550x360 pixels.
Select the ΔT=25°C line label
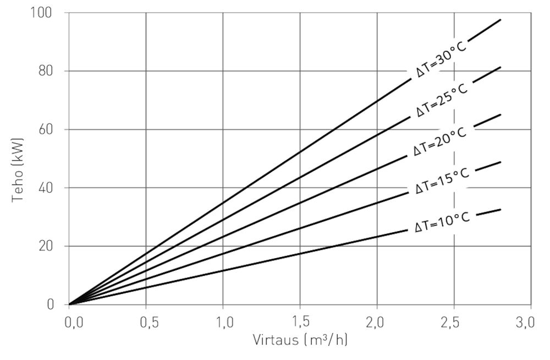(442, 100)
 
